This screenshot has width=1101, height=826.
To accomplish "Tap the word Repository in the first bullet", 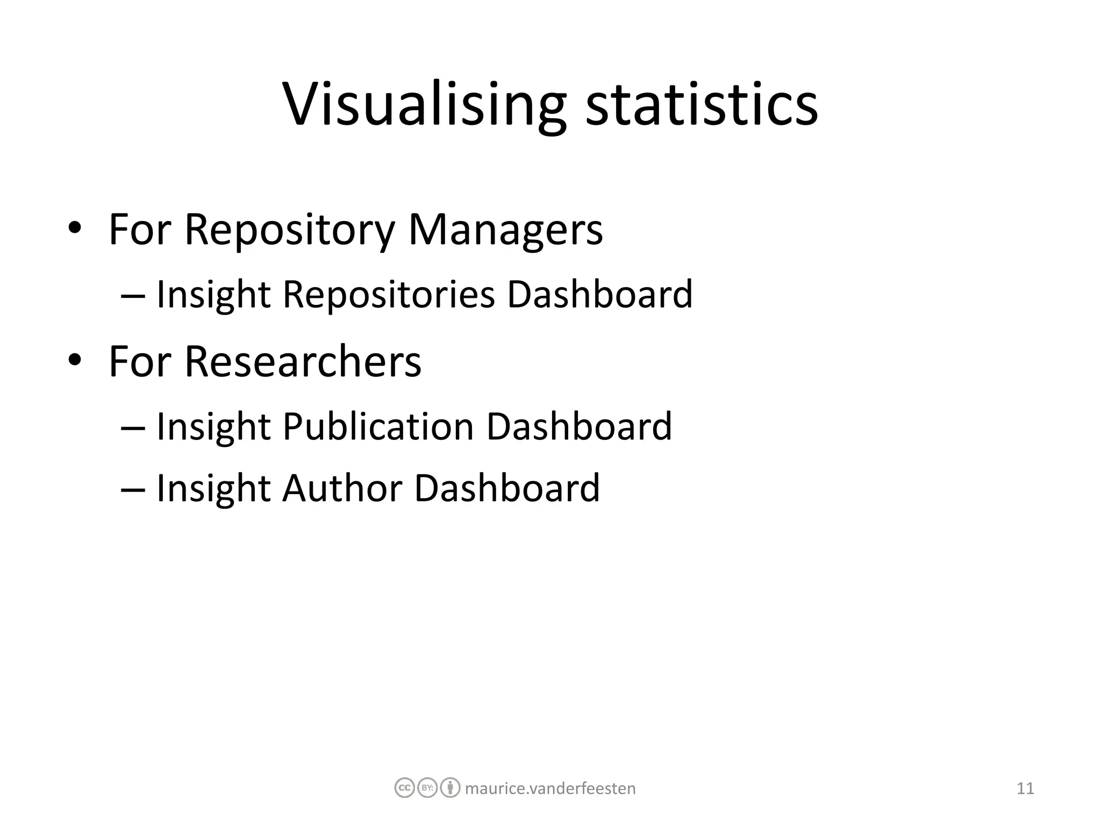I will click(289, 230).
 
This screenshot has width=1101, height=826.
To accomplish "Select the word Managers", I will click(505, 230).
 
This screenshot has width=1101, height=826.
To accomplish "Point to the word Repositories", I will click(388, 295).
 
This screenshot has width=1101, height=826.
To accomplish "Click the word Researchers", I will click(303, 361).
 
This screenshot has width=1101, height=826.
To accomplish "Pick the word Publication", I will click(378, 426).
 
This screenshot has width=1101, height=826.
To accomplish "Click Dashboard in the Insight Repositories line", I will click(600, 295).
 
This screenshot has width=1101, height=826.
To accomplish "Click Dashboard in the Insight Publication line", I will click(579, 426).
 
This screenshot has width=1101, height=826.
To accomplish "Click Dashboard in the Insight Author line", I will click(507, 488).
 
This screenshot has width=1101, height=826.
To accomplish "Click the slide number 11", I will click(1025, 788).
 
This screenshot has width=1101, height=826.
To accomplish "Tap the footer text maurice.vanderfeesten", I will click(550, 788).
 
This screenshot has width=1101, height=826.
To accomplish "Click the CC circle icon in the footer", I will click(404, 788).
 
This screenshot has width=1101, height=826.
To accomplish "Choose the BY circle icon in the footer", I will click(427, 788).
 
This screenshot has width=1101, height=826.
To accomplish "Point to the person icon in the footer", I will click(450, 788).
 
